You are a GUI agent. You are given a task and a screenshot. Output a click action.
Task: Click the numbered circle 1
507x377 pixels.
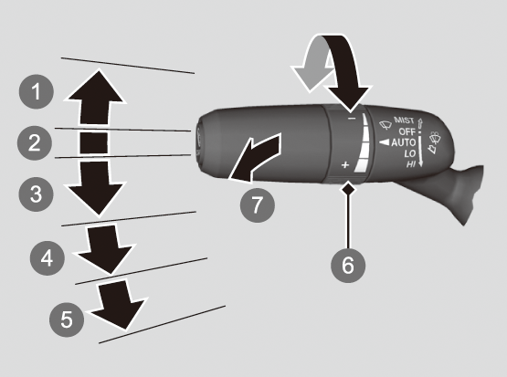tap(37, 91)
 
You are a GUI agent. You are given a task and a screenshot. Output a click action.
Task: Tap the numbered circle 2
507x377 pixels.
tap(35, 142)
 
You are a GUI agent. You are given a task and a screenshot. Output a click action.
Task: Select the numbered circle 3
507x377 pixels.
tap(36, 194)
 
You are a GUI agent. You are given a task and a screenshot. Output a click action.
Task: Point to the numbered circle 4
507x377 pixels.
tap(48, 257)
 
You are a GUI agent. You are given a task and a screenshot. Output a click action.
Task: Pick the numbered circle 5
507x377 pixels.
tap(67, 319)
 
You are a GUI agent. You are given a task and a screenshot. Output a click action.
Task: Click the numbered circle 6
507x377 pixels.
tap(348, 266)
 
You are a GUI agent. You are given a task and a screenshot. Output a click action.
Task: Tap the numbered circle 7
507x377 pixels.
tap(258, 204)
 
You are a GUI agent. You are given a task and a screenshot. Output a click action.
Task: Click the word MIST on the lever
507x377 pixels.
tap(404, 120)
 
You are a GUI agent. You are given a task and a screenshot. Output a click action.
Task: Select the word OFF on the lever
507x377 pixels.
tap(407, 131)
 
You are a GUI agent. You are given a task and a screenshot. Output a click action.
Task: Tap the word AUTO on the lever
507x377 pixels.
tap(403, 142)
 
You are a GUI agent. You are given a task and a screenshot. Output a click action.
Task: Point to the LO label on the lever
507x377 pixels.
tap(409, 153)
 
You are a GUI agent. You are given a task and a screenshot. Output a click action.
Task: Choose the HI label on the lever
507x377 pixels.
tap(411, 164)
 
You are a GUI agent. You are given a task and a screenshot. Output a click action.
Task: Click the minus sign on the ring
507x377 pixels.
tap(352, 119)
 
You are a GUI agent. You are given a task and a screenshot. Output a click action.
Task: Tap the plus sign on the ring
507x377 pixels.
tap(345, 164)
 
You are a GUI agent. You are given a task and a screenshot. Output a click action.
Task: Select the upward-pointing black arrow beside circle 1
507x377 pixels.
tap(95, 97)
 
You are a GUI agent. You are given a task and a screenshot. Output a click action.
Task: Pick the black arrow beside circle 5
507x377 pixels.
tap(118, 305)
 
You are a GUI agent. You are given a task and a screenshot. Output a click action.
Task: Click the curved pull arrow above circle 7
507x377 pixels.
tap(256, 157)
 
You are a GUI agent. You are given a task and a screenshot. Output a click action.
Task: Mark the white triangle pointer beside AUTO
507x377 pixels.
tap(384, 142)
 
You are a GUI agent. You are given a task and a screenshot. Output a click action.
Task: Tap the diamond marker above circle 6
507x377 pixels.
tap(348, 188)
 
